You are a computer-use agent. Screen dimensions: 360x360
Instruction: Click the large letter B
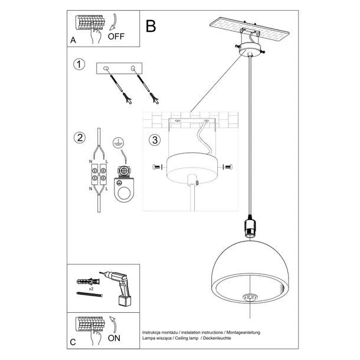tap(151, 26)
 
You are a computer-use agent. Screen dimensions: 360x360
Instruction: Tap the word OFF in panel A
tap(117, 37)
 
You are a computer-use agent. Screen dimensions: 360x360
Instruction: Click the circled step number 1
tap(77, 64)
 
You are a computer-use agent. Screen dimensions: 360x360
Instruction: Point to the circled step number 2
tap(77, 139)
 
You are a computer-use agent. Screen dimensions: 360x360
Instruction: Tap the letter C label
tap(73, 342)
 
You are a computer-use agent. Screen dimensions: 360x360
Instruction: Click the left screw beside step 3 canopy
tap(156, 168)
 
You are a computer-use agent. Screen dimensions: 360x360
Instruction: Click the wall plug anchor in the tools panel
tap(86, 280)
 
